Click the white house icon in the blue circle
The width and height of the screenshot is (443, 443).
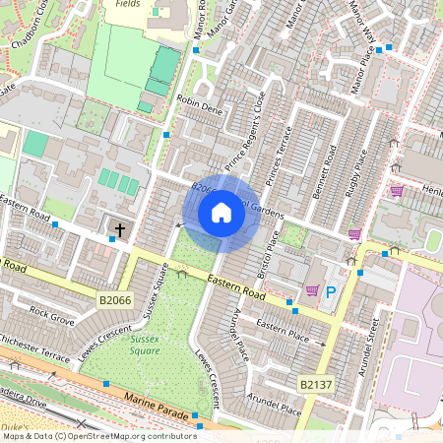221,213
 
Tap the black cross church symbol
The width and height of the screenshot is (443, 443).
120,230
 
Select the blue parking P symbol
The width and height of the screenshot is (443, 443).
332,291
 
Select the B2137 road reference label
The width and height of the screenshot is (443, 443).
315,381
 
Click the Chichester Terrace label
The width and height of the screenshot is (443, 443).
34,347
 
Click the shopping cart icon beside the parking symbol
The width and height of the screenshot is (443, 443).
312,290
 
